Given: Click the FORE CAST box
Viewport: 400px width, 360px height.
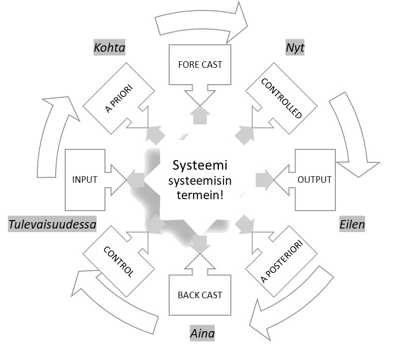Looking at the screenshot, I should [x=200, y=65].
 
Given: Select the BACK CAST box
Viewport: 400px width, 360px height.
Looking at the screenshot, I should [x=200, y=295].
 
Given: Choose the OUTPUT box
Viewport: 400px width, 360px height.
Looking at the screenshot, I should [x=314, y=179].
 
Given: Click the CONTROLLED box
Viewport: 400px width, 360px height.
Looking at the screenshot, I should [x=282, y=98].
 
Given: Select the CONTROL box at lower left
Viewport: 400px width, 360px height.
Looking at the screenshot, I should [x=117, y=260].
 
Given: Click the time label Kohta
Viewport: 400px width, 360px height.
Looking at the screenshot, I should [x=109, y=48].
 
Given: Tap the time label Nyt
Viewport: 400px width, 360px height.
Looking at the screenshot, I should [x=295, y=48].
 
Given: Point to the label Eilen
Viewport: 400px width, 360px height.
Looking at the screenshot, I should [x=352, y=225].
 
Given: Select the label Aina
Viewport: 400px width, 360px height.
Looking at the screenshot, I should [x=202, y=333].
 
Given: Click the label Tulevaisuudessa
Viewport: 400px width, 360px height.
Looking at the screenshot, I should [x=52, y=225].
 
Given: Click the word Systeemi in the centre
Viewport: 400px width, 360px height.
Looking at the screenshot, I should [x=196, y=165].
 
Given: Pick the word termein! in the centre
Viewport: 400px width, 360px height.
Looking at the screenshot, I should [x=196, y=195].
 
